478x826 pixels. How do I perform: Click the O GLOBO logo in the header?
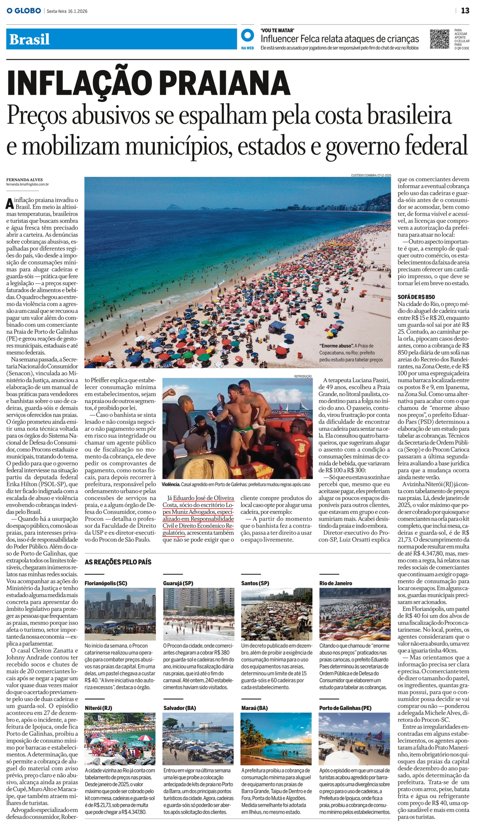pos(24,11)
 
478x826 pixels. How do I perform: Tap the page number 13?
pos(465,11)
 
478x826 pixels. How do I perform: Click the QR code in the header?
pos(439,39)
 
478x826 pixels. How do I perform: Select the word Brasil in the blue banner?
pos(29,39)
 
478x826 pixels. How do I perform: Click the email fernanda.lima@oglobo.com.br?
pos(27,184)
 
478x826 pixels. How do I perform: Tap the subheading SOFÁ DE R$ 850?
pos(416,297)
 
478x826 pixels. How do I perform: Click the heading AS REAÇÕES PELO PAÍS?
pos(118,562)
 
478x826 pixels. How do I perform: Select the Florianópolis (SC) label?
pos(105,583)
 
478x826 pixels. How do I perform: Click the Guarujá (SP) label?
pos(178,583)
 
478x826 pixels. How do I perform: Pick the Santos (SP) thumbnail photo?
pos(276,614)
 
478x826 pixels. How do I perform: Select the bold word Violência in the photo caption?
pos(171,484)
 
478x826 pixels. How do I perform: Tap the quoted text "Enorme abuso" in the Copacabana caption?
pos(336,346)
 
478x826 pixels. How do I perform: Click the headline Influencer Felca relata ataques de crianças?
pos(339,39)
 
